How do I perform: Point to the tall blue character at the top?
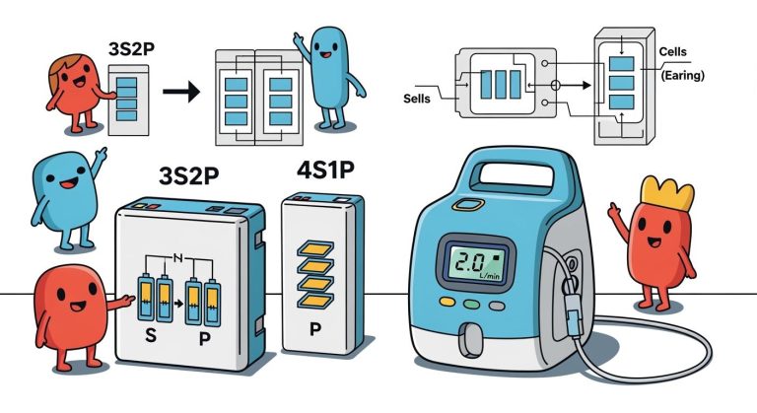coord(324,69)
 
